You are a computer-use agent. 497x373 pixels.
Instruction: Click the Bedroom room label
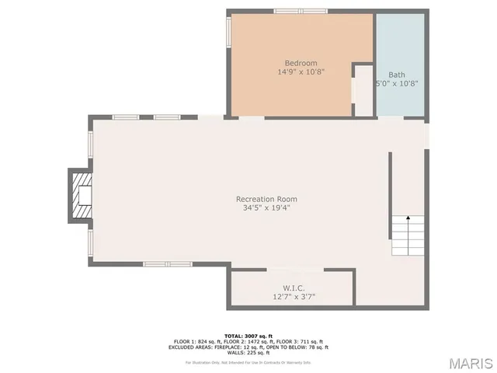[x=301, y=63]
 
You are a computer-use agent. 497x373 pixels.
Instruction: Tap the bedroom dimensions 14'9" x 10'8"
[x=301, y=71]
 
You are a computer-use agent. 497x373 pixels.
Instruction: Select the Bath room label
[x=397, y=75]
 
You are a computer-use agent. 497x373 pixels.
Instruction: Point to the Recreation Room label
[x=266, y=199]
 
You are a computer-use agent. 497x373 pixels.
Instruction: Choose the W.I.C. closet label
[x=294, y=288]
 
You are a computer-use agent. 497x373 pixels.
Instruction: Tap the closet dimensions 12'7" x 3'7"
[x=294, y=296]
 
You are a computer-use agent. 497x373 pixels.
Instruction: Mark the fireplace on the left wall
[x=80, y=196]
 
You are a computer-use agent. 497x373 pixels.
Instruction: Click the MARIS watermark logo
[x=468, y=362]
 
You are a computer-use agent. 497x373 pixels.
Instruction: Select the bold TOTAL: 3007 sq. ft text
[x=248, y=336]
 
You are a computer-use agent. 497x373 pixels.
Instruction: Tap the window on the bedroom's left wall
[x=228, y=33]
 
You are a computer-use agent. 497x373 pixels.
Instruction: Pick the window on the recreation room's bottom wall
[x=167, y=264]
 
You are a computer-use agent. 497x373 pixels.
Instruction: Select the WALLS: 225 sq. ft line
[x=248, y=353]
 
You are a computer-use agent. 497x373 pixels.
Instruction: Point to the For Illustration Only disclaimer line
[x=248, y=362]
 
